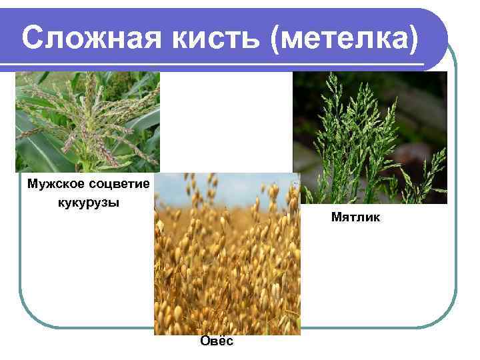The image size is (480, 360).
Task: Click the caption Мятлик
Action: click(x=355, y=217)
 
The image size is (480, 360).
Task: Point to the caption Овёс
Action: click(x=217, y=341)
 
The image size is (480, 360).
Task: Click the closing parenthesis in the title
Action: click(x=415, y=40)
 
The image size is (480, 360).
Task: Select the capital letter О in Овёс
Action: click(x=204, y=341)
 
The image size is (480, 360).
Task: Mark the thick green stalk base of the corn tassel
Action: click(x=87, y=163)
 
